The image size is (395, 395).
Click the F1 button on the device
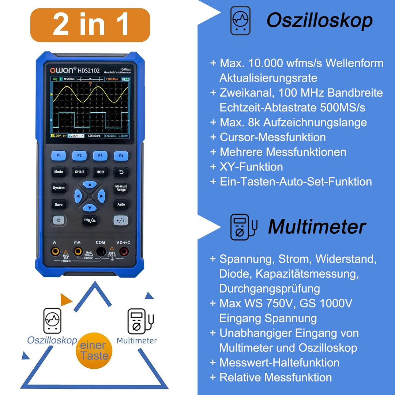59,155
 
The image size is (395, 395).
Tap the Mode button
59,172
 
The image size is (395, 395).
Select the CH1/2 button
79,172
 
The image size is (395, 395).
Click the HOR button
100,172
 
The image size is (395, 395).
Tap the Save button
59,204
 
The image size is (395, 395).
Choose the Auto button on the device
121,204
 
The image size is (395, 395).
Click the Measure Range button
121,188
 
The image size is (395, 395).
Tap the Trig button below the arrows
90,220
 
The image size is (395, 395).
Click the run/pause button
121,221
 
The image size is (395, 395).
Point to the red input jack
124,251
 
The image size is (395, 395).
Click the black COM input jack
101,251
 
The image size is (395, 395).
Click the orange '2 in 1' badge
90,25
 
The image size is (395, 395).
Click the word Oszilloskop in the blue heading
319,20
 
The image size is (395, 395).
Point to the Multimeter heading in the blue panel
317,227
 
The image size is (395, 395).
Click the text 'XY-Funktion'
251,167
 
